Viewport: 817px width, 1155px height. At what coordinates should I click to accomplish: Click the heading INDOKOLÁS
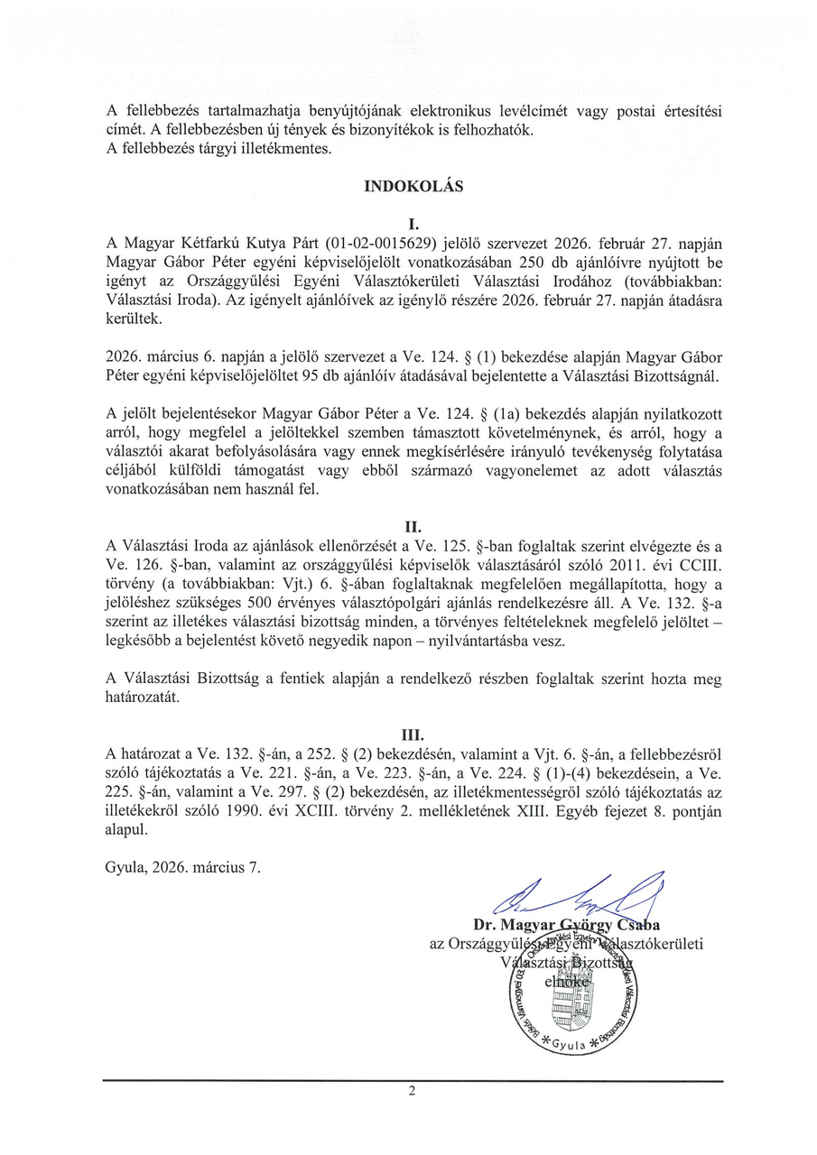coord(413,187)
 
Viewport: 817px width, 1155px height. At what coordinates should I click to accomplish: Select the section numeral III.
coord(413,735)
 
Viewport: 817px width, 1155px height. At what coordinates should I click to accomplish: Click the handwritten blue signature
coord(578,896)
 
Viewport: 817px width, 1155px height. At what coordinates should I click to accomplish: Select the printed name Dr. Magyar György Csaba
coord(566,925)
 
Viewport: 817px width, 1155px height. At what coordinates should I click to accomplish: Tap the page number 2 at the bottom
coord(412,1091)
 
